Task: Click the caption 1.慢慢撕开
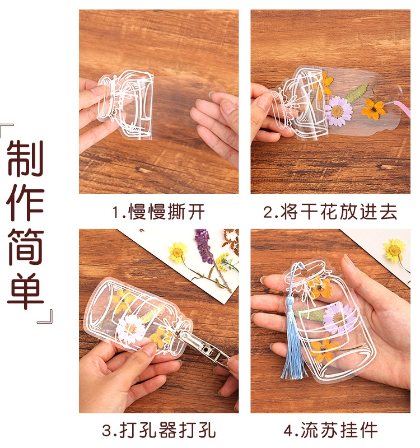tap(158, 212)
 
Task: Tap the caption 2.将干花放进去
tap(330, 212)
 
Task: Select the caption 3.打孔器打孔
tap(158, 430)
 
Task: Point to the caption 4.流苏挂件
tap(330, 430)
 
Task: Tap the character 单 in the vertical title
tap(25, 291)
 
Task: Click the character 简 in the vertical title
tap(25, 247)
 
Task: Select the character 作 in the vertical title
tap(25, 203)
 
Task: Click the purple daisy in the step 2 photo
tap(339, 110)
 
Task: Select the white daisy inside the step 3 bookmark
tap(132, 329)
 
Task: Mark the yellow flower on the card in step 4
tap(395, 250)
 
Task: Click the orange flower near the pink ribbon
tap(374, 109)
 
